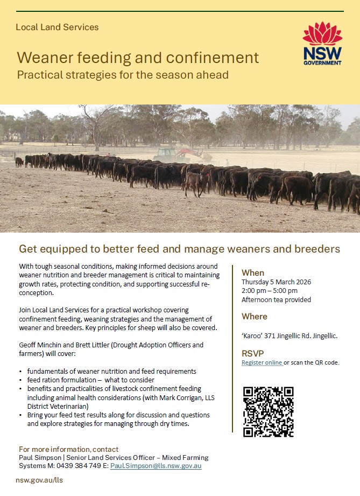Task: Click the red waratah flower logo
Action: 322,33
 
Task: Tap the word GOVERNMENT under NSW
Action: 322,63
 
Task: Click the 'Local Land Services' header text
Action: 57,27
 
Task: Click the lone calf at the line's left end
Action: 19,162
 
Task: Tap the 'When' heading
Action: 253,273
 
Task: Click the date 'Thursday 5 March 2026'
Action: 276,282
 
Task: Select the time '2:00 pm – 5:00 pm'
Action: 270,291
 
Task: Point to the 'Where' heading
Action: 255,316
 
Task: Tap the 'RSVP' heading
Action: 252,353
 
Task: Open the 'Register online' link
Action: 262,362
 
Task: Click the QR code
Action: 269,411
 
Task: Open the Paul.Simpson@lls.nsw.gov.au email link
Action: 156,466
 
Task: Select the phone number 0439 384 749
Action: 79,466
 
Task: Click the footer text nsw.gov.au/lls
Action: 39,480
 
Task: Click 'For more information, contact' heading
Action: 68,449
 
